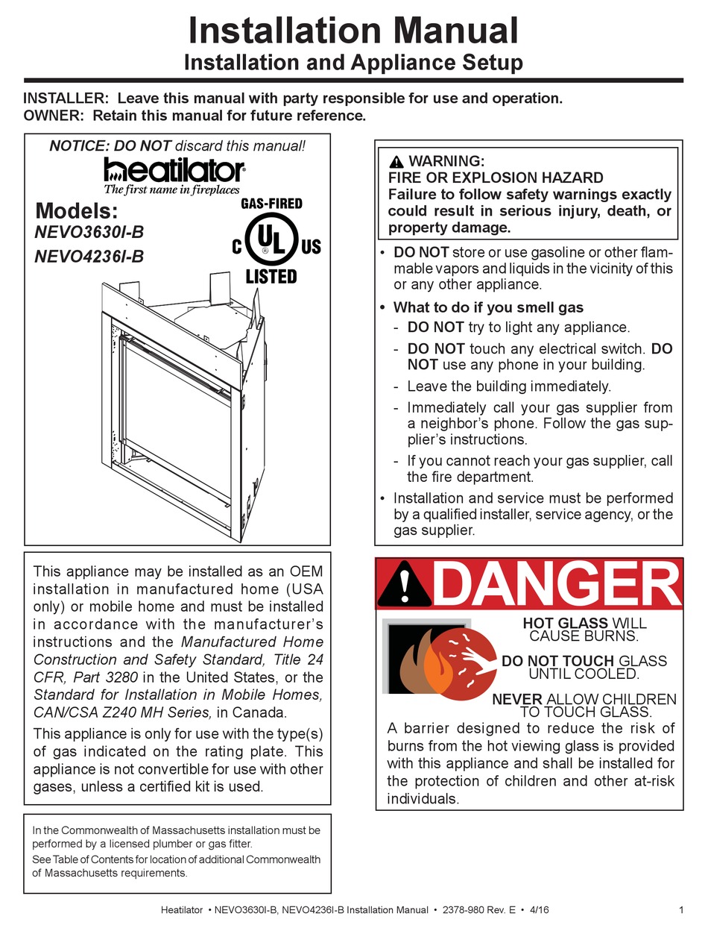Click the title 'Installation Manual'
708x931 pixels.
(x=353, y=31)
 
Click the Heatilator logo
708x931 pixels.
(x=174, y=169)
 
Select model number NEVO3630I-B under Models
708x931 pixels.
(x=89, y=232)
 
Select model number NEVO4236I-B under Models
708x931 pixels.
(x=89, y=257)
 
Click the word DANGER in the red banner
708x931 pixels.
(x=555, y=583)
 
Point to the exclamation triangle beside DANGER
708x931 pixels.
(x=403, y=584)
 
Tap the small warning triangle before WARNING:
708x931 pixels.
(x=396, y=162)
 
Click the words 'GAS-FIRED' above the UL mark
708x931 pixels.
(x=271, y=204)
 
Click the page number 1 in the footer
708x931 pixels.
(x=682, y=909)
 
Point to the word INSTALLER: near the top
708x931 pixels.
(x=66, y=98)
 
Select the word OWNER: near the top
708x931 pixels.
(x=54, y=116)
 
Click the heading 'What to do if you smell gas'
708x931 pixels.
(x=488, y=307)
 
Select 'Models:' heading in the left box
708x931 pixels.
(x=76, y=210)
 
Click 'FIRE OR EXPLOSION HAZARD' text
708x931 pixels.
(x=495, y=178)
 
